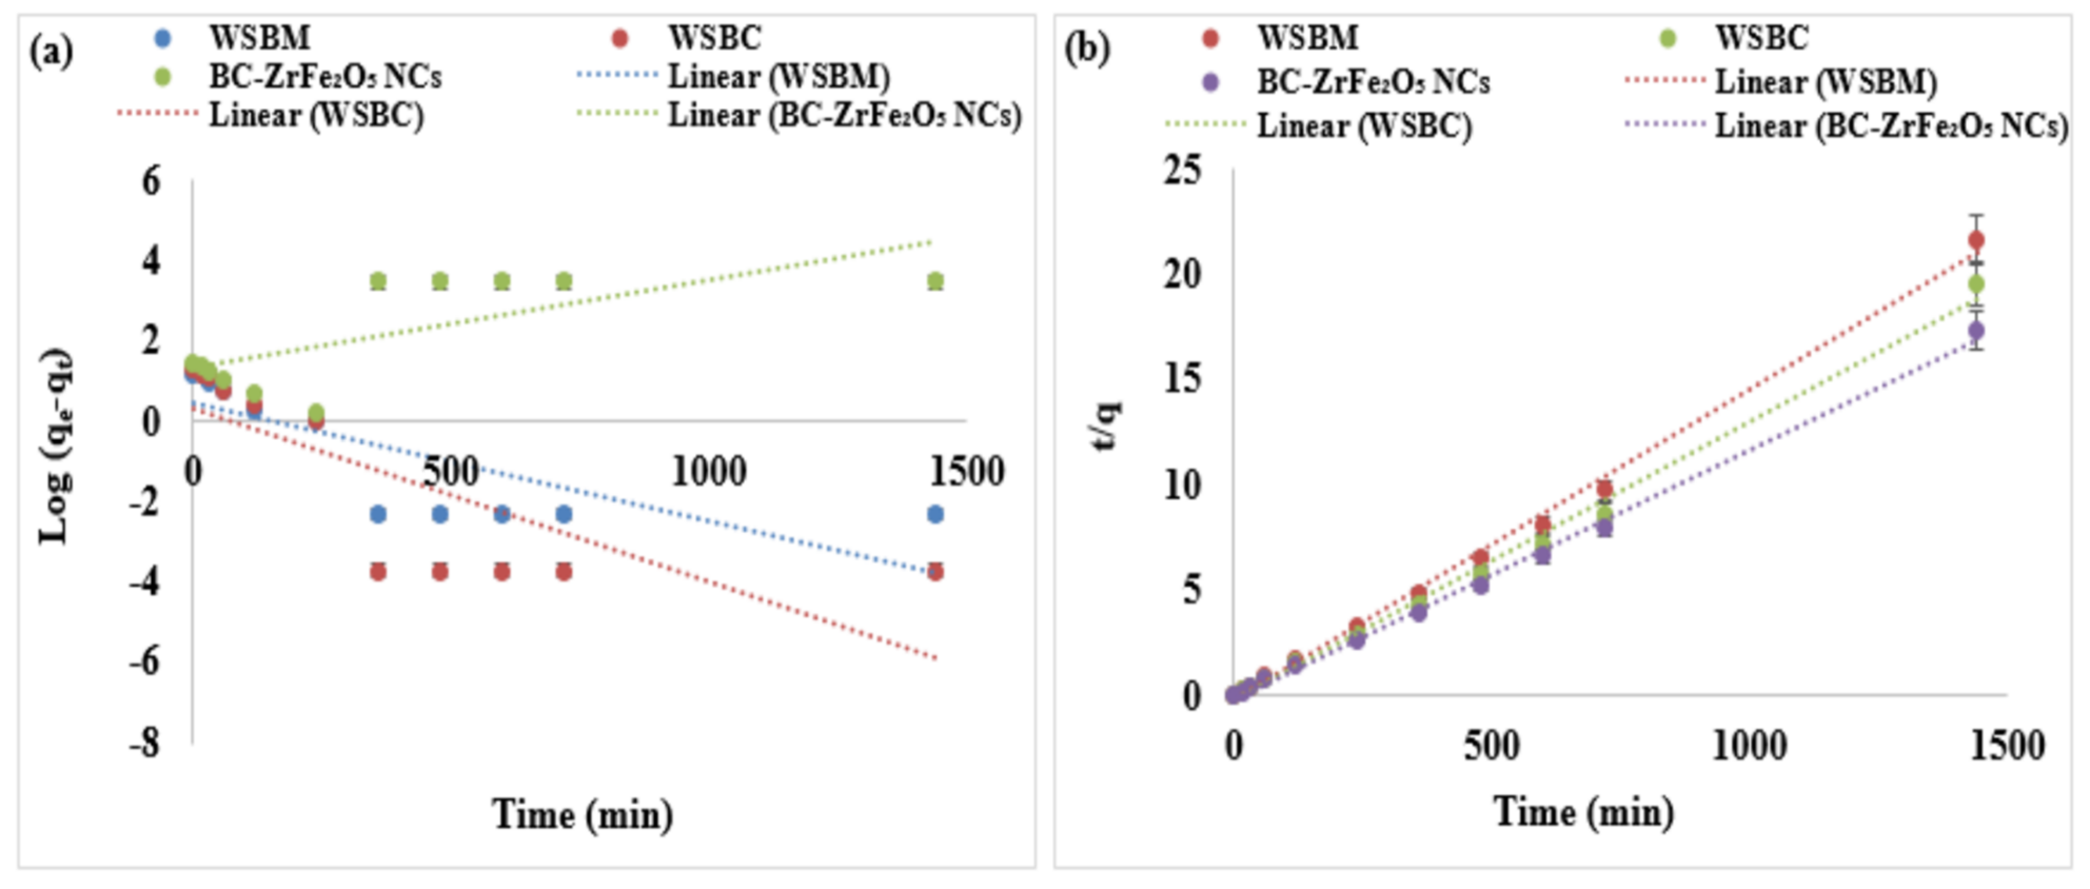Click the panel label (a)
coord(51,53)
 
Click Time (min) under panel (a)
coord(583,814)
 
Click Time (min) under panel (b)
coord(1584,812)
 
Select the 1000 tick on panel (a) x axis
coord(708,471)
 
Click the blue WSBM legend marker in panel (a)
coord(163,38)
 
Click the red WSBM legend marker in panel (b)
coord(1211,38)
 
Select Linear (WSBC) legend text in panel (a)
coord(317,116)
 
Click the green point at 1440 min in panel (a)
coord(935,281)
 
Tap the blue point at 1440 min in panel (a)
coord(935,514)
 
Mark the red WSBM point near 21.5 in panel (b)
coord(1976,240)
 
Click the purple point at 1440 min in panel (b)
coord(1976,331)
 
